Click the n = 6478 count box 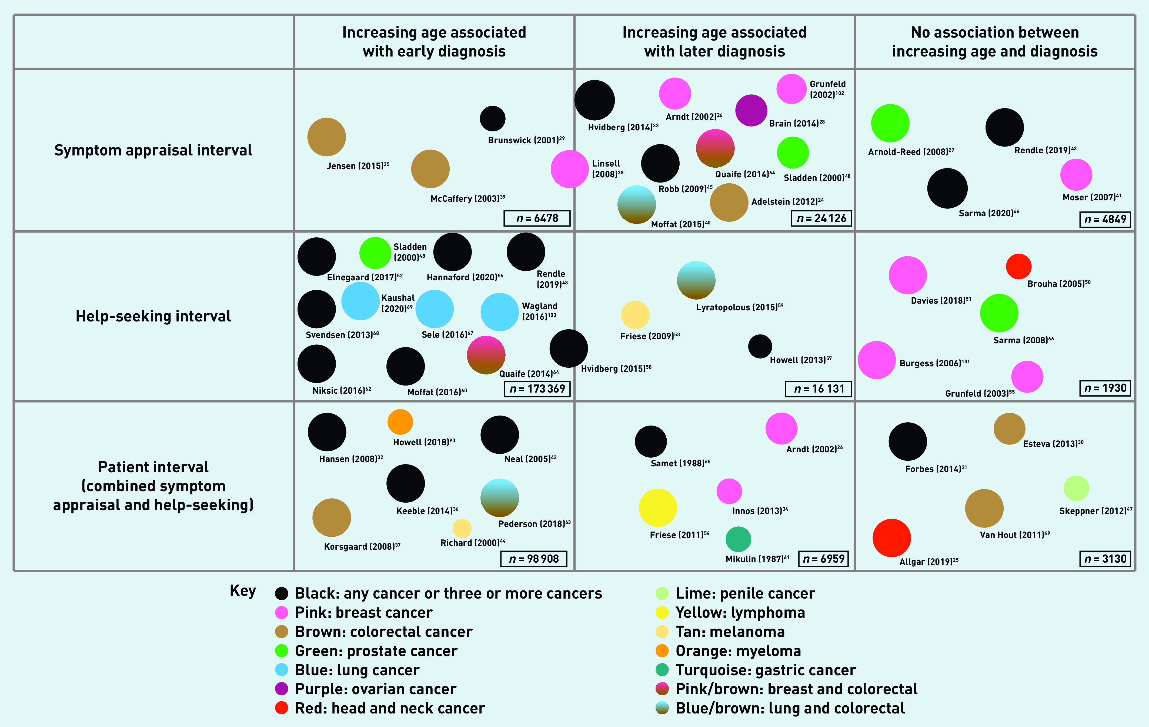pyautogui.click(x=537, y=218)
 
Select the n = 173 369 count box pyautogui.click(x=537, y=389)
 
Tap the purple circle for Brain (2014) pyautogui.click(x=751, y=110)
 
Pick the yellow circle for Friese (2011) pyautogui.click(x=657, y=507)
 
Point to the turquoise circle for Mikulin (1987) pyautogui.click(x=738, y=539)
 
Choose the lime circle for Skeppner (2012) pyautogui.click(x=1076, y=488)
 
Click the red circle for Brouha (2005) pyautogui.click(x=1018, y=266)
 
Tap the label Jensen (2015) pyautogui.click(x=358, y=166)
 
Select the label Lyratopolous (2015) pyautogui.click(x=739, y=307)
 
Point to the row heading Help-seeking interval pyautogui.click(x=153, y=316)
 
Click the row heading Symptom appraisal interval pyautogui.click(x=153, y=150)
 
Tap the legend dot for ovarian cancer pyautogui.click(x=282, y=689)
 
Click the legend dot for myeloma pyautogui.click(x=662, y=651)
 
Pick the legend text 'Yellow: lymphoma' pyautogui.click(x=740, y=612)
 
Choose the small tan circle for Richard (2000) pyautogui.click(x=462, y=528)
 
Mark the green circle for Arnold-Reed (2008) pyautogui.click(x=890, y=123)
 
